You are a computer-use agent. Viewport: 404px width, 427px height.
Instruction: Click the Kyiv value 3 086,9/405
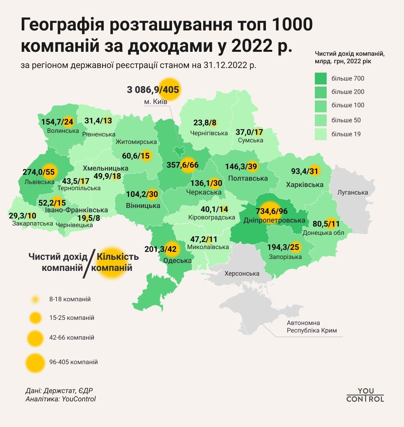tap(153, 90)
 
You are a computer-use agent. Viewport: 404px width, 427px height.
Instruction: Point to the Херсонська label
tap(242, 273)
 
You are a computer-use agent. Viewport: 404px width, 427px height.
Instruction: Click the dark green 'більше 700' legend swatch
tap(321, 78)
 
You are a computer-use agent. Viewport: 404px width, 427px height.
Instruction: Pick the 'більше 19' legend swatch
tap(321, 134)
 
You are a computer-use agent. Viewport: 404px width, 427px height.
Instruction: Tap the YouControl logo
tap(365, 395)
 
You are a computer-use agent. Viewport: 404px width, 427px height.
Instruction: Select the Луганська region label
tap(353, 193)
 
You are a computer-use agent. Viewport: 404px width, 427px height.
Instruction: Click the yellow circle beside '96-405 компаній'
tap(36, 362)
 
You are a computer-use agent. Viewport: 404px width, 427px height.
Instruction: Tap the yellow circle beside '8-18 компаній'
tap(36, 299)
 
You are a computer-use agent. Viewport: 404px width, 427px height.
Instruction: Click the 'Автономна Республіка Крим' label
tap(312, 327)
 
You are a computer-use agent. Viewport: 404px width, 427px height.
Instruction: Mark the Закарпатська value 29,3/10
tap(23, 215)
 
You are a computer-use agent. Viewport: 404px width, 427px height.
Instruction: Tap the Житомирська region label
tap(137, 142)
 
